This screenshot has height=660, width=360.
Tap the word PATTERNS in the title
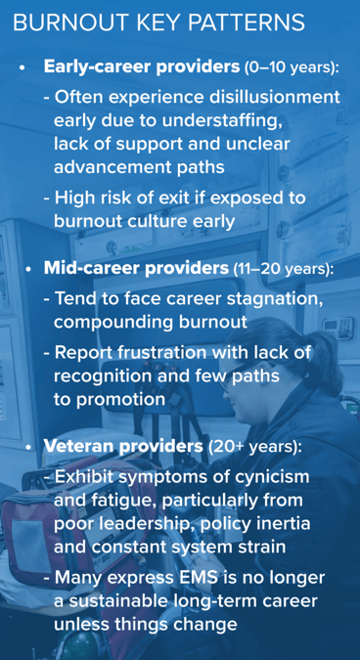coord(257,22)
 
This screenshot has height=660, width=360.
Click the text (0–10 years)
coord(292,68)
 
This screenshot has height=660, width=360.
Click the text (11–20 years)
coord(282,268)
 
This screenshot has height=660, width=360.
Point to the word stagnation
coord(278,297)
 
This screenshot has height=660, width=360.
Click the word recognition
coord(107,376)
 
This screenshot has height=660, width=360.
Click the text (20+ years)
coord(255,447)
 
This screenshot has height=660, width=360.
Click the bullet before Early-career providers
coord(22,69)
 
